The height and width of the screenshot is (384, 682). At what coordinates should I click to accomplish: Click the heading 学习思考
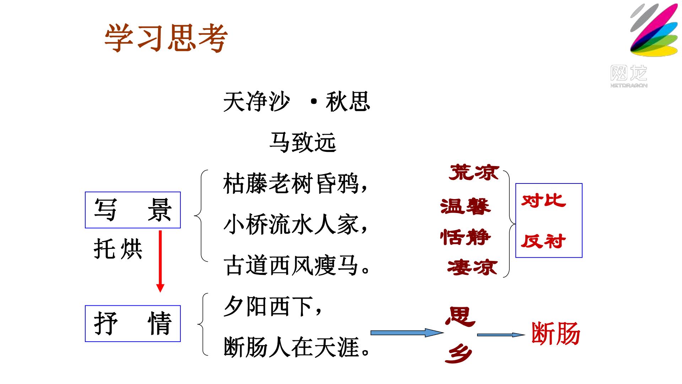(x=166, y=38)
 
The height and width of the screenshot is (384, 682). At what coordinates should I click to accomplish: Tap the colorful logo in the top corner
(x=654, y=30)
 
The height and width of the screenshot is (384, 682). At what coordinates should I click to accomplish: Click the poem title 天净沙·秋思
(x=297, y=102)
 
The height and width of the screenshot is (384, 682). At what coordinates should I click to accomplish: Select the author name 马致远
(x=303, y=142)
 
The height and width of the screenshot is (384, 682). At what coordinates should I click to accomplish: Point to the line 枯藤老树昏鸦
(x=295, y=184)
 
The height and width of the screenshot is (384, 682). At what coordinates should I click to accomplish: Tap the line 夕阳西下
(x=273, y=306)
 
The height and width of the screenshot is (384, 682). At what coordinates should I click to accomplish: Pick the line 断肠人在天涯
(x=297, y=347)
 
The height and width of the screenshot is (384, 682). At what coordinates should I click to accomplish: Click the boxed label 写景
(x=133, y=210)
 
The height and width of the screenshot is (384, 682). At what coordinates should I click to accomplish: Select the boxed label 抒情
(x=133, y=324)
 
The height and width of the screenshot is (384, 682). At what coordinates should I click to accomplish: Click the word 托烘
(x=118, y=249)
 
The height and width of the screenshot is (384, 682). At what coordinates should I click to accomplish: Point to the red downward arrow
(x=160, y=261)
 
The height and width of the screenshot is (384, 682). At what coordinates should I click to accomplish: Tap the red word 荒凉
(x=474, y=172)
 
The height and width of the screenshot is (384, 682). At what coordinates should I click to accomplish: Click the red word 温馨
(x=465, y=206)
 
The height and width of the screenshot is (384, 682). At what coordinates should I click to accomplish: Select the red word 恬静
(x=465, y=237)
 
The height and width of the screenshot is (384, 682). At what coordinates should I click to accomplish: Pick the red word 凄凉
(x=472, y=267)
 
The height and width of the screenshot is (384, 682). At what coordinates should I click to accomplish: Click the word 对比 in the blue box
(x=543, y=201)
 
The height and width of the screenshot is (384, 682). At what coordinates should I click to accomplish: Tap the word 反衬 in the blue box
(x=543, y=241)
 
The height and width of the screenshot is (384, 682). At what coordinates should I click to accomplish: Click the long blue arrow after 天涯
(x=407, y=333)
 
